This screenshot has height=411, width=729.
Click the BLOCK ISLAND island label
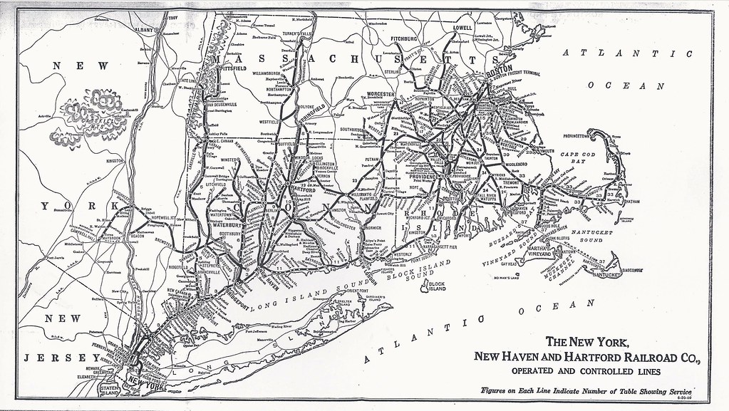(432, 288)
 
